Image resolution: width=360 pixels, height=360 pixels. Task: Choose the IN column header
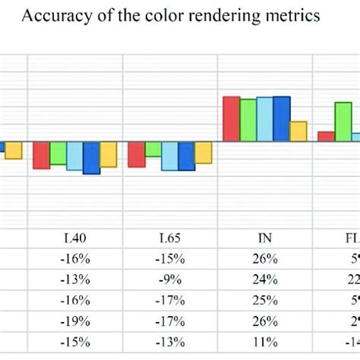(x=265, y=238)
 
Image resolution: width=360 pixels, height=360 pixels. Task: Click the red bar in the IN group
(x=231, y=118)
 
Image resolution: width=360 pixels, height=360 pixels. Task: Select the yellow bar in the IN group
(x=298, y=131)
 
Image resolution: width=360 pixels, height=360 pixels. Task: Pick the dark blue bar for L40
(x=91, y=158)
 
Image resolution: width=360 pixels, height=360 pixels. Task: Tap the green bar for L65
(x=153, y=149)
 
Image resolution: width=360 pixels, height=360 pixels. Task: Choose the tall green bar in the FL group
(x=343, y=122)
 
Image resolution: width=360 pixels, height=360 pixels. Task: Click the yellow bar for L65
(x=203, y=153)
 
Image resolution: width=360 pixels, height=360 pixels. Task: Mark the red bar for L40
(x=41, y=155)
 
